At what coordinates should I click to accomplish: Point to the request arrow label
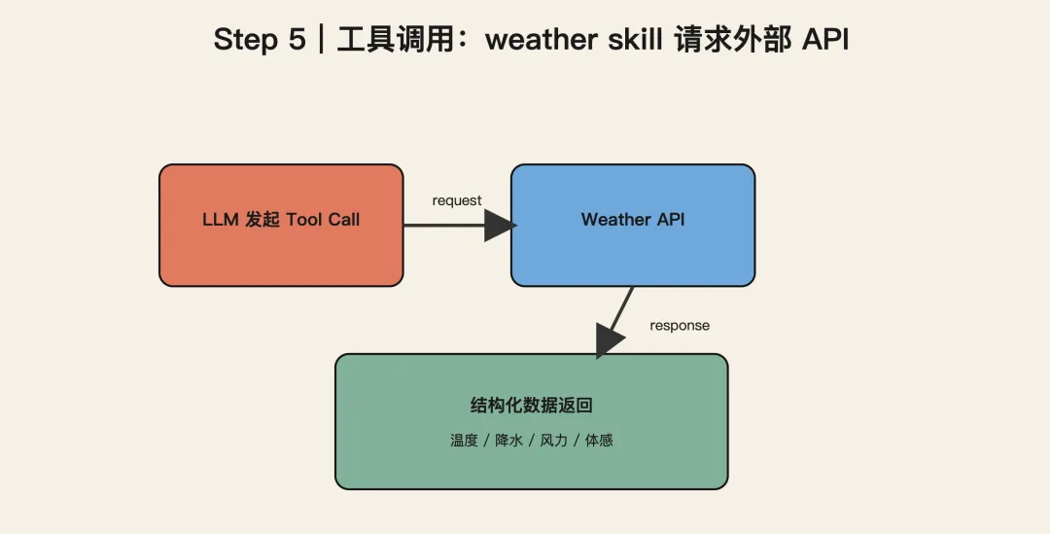point(457,200)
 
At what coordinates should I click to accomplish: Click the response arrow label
point(680,325)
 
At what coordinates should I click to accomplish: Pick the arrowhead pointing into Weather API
point(500,226)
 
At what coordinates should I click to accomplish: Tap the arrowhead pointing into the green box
point(609,340)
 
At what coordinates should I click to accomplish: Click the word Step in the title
point(245,40)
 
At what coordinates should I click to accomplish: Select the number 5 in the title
point(297,40)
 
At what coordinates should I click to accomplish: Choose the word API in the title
point(824,40)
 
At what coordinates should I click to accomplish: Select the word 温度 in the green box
point(464,441)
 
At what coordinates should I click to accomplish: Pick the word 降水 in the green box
point(509,441)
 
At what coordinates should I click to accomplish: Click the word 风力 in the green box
point(553,441)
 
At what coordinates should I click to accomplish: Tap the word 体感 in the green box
point(599,441)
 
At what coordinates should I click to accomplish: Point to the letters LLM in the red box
point(221,220)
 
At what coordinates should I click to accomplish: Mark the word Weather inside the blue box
point(615,220)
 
